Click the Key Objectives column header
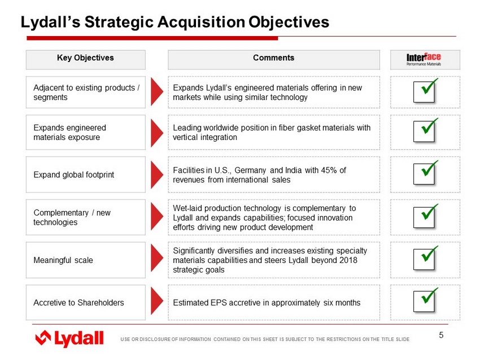tap(85, 58)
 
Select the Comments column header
tap(273, 58)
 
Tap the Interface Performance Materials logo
tap(424, 59)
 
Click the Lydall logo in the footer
tap(69, 339)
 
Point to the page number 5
tap(441, 335)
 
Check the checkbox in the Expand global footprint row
tap(425, 173)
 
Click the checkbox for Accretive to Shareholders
tap(425, 301)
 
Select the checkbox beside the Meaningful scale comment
tap(425, 258)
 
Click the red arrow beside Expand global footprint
tap(157, 175)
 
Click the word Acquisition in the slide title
tap(201, 23)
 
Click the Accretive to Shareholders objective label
tap(78, 302)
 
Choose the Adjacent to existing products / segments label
tap(86, 93)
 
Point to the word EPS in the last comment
tap(219, 302)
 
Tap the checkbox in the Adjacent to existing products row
tap(425, 91)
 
